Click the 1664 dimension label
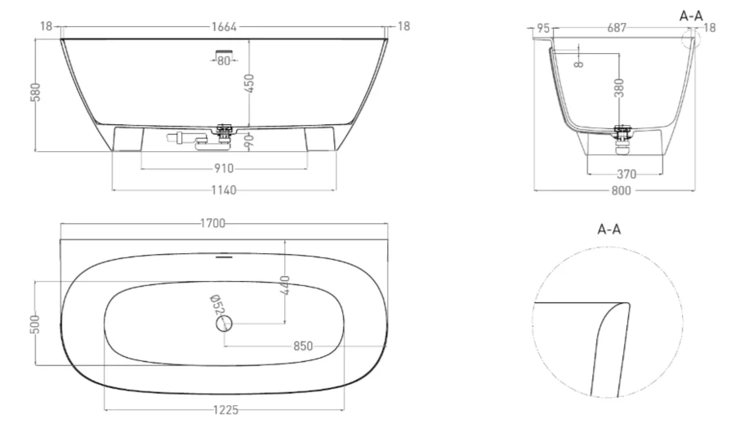pyautogui.click(x=224, y=27)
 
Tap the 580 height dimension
pyautogui.click(x=35, y=92)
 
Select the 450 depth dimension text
pyautogui.click(x=250, y=83)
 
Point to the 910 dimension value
pyautogui.click(x=224, y=168)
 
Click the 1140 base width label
pyautogui.click(x=224, y=190)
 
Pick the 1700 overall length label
pyautogui.click(x=213, y=223)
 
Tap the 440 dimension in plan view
pyautogui.click(x=285, y=285)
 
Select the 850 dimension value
pyautogui.click(x=303, y=346)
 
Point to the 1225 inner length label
pyautogui.click(x=226, y=410)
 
